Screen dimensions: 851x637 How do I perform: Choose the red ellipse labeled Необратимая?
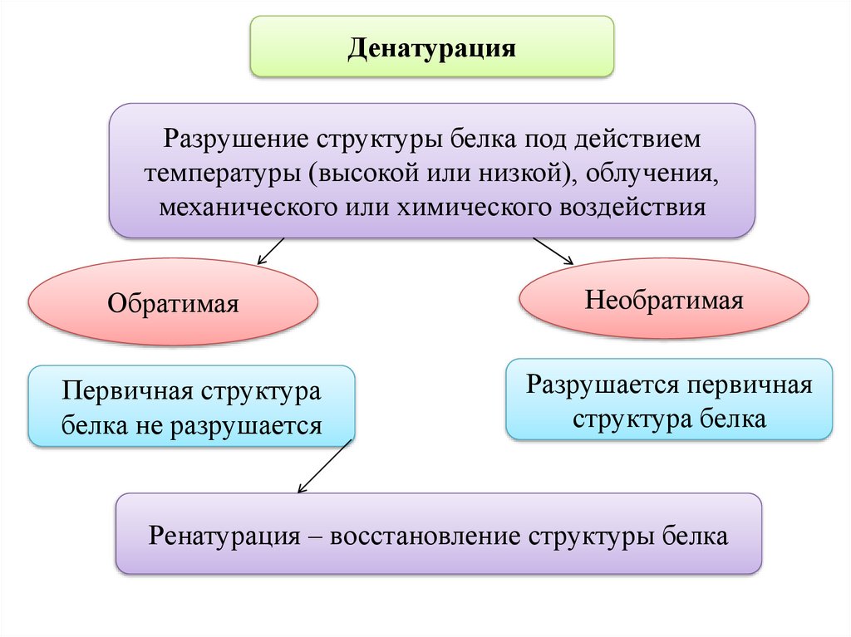coord(663,299)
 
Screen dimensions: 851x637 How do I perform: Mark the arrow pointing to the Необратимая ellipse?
coord(553,251)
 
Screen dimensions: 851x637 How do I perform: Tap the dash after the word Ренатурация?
coord(314,536)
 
